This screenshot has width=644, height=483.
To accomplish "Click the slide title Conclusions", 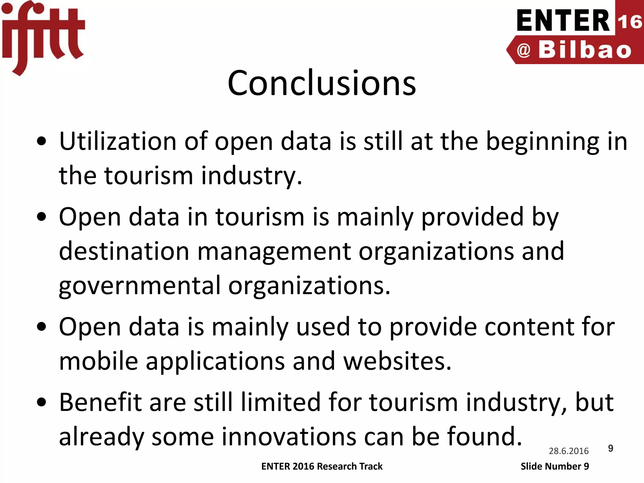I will click(x=322, y=83).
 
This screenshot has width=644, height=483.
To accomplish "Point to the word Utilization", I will click(x=118, y=141).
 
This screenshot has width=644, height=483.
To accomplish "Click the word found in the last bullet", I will click(x=484, y=436).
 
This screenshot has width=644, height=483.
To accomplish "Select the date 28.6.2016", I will click(x=569, y=451).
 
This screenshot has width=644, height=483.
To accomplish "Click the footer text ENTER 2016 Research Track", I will click(x=322, y=466).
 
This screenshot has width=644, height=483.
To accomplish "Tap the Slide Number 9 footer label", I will click(x=555, y=466).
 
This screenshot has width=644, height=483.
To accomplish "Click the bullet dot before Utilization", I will click(x=42, y=141).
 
